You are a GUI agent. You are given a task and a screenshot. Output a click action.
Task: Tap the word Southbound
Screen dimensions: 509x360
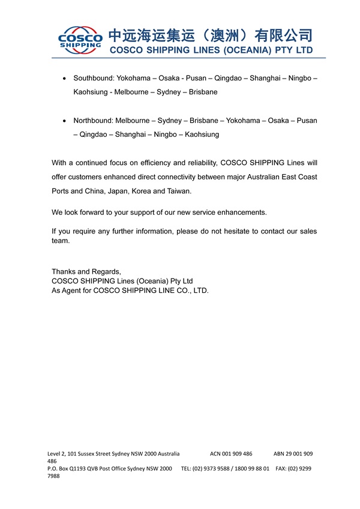94,79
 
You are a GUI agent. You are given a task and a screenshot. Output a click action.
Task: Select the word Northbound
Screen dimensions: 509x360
93,121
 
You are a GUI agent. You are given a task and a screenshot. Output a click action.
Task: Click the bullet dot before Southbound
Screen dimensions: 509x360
65,79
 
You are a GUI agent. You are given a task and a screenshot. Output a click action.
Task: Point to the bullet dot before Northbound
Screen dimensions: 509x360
65,121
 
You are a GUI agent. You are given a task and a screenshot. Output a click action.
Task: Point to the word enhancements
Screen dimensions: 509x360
239,212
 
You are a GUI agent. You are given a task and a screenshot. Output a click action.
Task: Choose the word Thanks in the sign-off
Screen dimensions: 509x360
64,271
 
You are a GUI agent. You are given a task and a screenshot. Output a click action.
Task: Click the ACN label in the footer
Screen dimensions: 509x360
217,454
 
